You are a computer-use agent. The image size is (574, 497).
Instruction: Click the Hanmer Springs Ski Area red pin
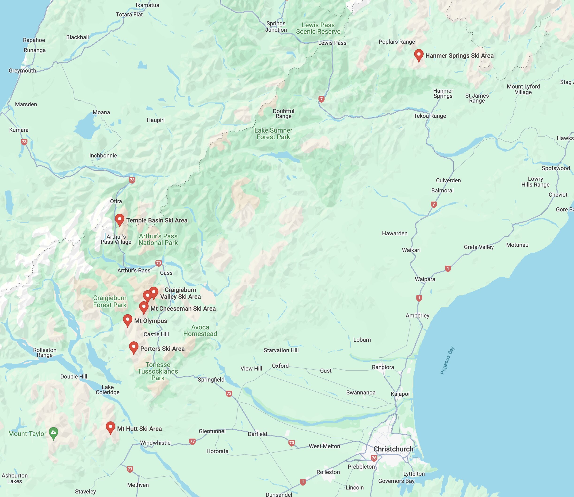pos(418,54)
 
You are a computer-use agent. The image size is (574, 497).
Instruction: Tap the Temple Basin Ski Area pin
pos(119,219)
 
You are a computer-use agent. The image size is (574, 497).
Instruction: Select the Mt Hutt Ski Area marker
pos(110,427)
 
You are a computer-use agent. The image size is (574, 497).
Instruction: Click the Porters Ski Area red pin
pos(134,347)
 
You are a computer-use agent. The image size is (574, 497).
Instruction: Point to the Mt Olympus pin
pos(128,320)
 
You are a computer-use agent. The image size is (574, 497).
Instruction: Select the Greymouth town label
pos(22,70)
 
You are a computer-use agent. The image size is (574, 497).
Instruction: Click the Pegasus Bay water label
pos(447,360)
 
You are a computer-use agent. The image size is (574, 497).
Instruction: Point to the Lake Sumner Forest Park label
pos(273,134)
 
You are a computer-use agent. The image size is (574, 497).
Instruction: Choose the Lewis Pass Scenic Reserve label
pos(318,28)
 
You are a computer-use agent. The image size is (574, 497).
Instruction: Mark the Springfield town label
pos(211,379)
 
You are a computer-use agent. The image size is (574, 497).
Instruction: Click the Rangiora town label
pos(383,367)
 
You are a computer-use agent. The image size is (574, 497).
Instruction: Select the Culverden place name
pos(448,180)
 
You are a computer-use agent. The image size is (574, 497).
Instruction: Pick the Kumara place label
pos(19,130)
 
